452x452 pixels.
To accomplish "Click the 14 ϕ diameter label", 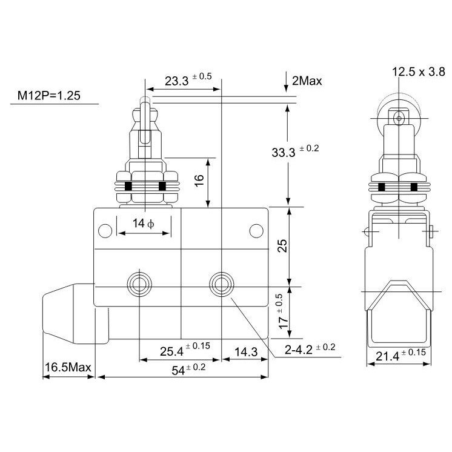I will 144,224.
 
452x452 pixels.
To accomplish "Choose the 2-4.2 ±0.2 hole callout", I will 309,348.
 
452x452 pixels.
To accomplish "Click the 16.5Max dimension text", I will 68,367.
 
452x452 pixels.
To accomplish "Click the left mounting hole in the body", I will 139,283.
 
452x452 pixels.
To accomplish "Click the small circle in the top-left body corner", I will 105,230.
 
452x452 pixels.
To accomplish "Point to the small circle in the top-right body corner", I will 256,230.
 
